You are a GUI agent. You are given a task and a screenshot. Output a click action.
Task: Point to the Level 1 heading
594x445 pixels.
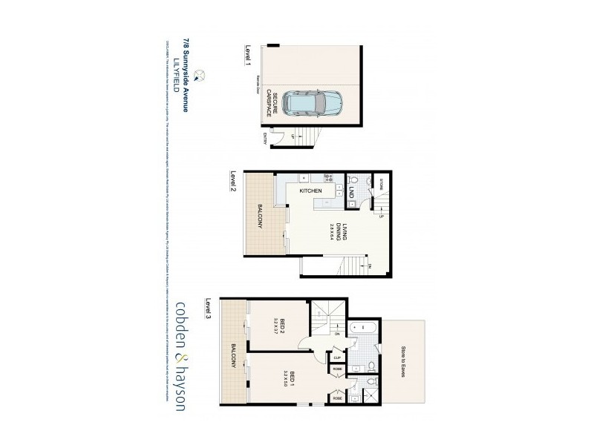(x=248, y=55)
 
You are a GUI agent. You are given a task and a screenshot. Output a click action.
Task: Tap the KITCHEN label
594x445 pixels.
(x=310, y=191)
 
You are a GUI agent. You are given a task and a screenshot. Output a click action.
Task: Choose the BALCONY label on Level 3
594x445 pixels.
(x=233, y=355)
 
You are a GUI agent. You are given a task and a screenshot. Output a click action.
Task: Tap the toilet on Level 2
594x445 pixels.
(x=355, y=180)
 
